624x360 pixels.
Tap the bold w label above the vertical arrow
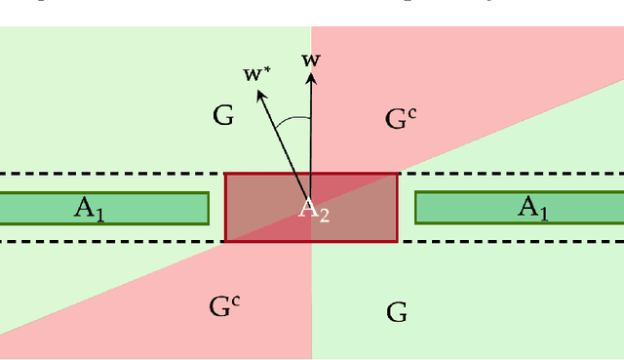[311, 60]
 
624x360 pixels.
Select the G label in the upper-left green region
[223, 116]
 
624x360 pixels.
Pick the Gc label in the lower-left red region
[224, 304]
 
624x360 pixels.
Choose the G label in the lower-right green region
[397, 312]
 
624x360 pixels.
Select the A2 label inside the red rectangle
[313, 209]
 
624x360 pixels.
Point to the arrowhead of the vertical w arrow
[311, 75]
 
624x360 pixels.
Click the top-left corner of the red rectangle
[226, 175]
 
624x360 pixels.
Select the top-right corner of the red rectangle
[397, 175]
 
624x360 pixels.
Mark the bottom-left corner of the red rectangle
[226, 240]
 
